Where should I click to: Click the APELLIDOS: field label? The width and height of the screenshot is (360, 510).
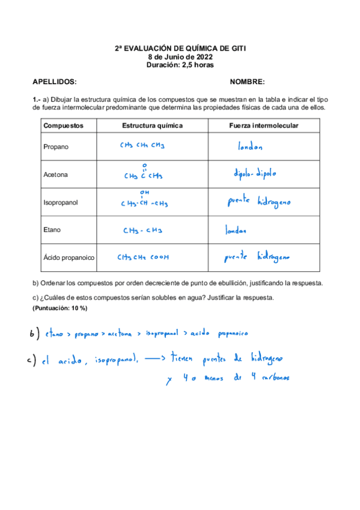[54, 81]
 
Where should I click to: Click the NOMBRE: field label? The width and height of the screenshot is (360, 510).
[247, 81]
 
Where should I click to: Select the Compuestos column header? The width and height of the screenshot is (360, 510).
[64, 126]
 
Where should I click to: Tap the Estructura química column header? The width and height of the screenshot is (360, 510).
[152, 126]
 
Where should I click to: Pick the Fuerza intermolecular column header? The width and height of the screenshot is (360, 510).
[264, 126]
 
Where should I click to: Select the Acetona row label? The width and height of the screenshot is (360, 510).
[55, 174]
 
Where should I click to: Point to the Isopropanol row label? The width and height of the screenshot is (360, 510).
[61, 202]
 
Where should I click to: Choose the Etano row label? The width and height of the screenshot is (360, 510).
[52, 230]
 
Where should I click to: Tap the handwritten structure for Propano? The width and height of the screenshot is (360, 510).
[142, 146]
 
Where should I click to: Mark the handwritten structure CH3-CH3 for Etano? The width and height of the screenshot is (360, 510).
[142, 230]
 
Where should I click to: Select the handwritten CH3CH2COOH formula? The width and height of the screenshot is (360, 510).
[144, 257]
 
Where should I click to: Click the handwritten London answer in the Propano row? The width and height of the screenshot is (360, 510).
[247, 146]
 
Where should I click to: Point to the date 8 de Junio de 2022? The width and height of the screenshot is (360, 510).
[180, 57]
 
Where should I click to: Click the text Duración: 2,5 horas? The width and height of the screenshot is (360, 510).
[180, 65]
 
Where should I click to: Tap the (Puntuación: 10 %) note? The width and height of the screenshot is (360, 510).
[59, 308]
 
